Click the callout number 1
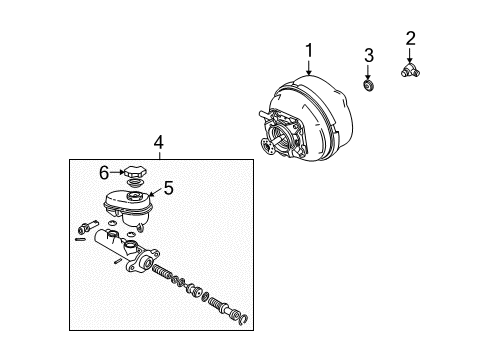pyautogui.click(x=309, y=50)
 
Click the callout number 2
pyautogui.click(x=410, y=39)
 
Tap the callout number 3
pyautogui.click(x=368, y=54)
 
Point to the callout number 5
pyautogui.click(x=169, y=185)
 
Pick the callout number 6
pyautogui.click(x=104, y=172)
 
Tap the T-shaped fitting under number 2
pyautogui.click(x=410, y=71)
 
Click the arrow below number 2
pyautogui.click(x=410, y=56)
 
